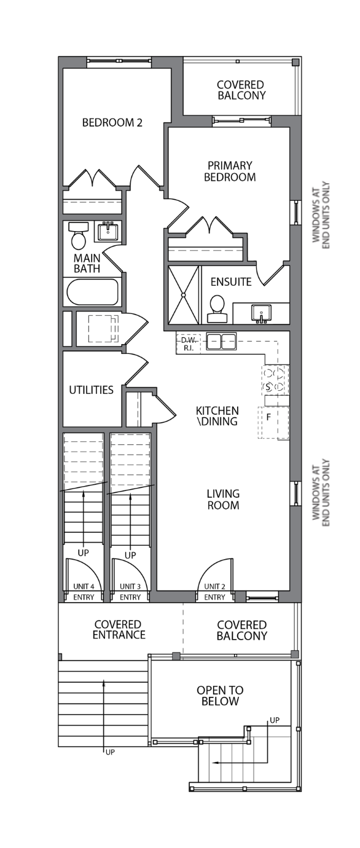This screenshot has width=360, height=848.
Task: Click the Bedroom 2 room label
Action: (x=112, y=123)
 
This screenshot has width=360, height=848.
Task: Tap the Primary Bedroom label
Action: (x=230, y=171)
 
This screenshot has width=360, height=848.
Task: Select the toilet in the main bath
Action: (x=79, y=235)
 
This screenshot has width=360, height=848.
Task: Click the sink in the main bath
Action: (x=108, y=231)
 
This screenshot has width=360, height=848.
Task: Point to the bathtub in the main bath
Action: (x=93, y=292)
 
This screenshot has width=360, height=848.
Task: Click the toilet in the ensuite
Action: (x=217, y=309)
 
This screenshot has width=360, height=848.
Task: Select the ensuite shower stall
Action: (x=183, y=295)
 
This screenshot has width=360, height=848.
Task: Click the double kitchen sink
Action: (x=221, y=341)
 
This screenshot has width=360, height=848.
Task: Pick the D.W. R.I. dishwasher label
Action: (x=189, y=344)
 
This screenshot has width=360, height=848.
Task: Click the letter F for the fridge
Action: (x=268, y=417)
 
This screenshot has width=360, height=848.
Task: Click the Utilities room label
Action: (x=92, y=390)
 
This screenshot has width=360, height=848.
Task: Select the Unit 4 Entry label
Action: (x=84, y=592)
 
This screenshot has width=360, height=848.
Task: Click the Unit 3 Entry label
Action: (x=130, y=592)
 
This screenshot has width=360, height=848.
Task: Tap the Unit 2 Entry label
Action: (x=214, y=592)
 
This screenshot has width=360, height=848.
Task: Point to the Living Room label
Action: (x=223, y=500)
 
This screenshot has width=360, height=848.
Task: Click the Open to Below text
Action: (x=220, y=696)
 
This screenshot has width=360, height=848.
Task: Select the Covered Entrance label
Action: (x=119, y=630)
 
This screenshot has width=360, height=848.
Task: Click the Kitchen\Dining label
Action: (x=217, y=416)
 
